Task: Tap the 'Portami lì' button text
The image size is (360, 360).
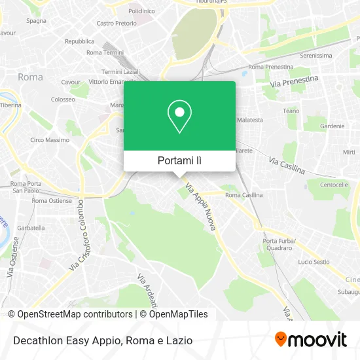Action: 179,160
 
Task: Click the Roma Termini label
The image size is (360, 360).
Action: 105,52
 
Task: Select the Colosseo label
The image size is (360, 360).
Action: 63,99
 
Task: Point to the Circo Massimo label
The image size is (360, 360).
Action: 50,140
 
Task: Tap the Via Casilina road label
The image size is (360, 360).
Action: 287,164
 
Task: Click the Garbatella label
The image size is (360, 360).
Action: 31,228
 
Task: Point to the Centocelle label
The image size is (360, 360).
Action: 333,185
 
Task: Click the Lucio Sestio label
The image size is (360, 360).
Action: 314,262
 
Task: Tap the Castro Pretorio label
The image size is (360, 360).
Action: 116,23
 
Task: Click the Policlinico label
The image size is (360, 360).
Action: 141,11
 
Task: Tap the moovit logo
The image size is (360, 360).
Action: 310,340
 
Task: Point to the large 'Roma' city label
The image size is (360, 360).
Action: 30,77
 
